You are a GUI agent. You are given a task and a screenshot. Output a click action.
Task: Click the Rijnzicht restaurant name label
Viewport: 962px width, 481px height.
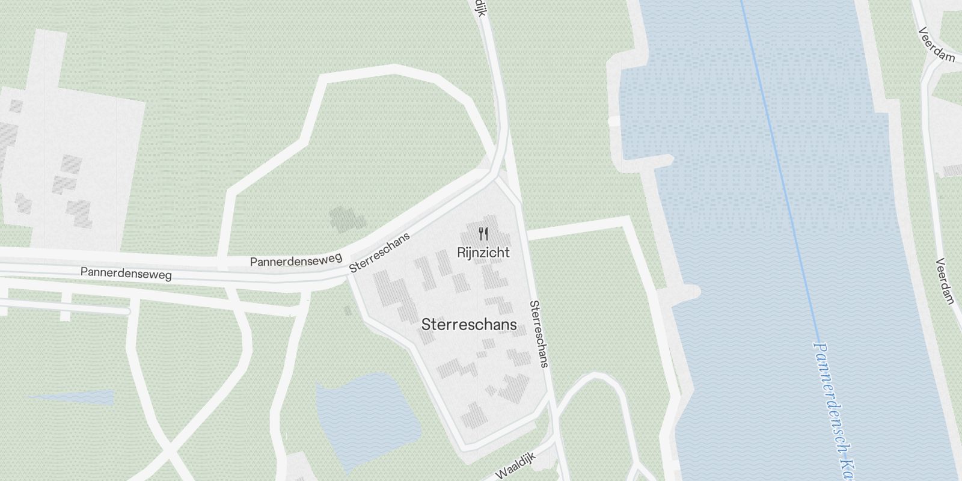pyautogui.click(x=483, y=253)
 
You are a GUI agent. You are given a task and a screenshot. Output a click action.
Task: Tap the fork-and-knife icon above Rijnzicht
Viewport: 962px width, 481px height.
pyautogui.click(x=483, y=233)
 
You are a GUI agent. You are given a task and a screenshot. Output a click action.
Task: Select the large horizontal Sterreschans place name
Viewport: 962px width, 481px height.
pyautogui.click(x=469, y=325)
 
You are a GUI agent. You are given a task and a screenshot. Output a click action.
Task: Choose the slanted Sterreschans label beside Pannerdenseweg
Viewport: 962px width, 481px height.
pyautogui.click(x=379, y=253)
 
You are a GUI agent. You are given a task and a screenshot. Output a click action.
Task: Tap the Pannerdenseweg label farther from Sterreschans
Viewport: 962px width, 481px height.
pyautogui.click(x=126, y=274)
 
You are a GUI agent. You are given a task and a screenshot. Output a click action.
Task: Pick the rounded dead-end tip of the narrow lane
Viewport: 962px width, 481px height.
pyautogui.click(x=127, y=311)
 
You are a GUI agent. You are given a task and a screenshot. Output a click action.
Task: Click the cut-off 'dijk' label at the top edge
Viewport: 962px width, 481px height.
pyautogui.click(x=479, y=8)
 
